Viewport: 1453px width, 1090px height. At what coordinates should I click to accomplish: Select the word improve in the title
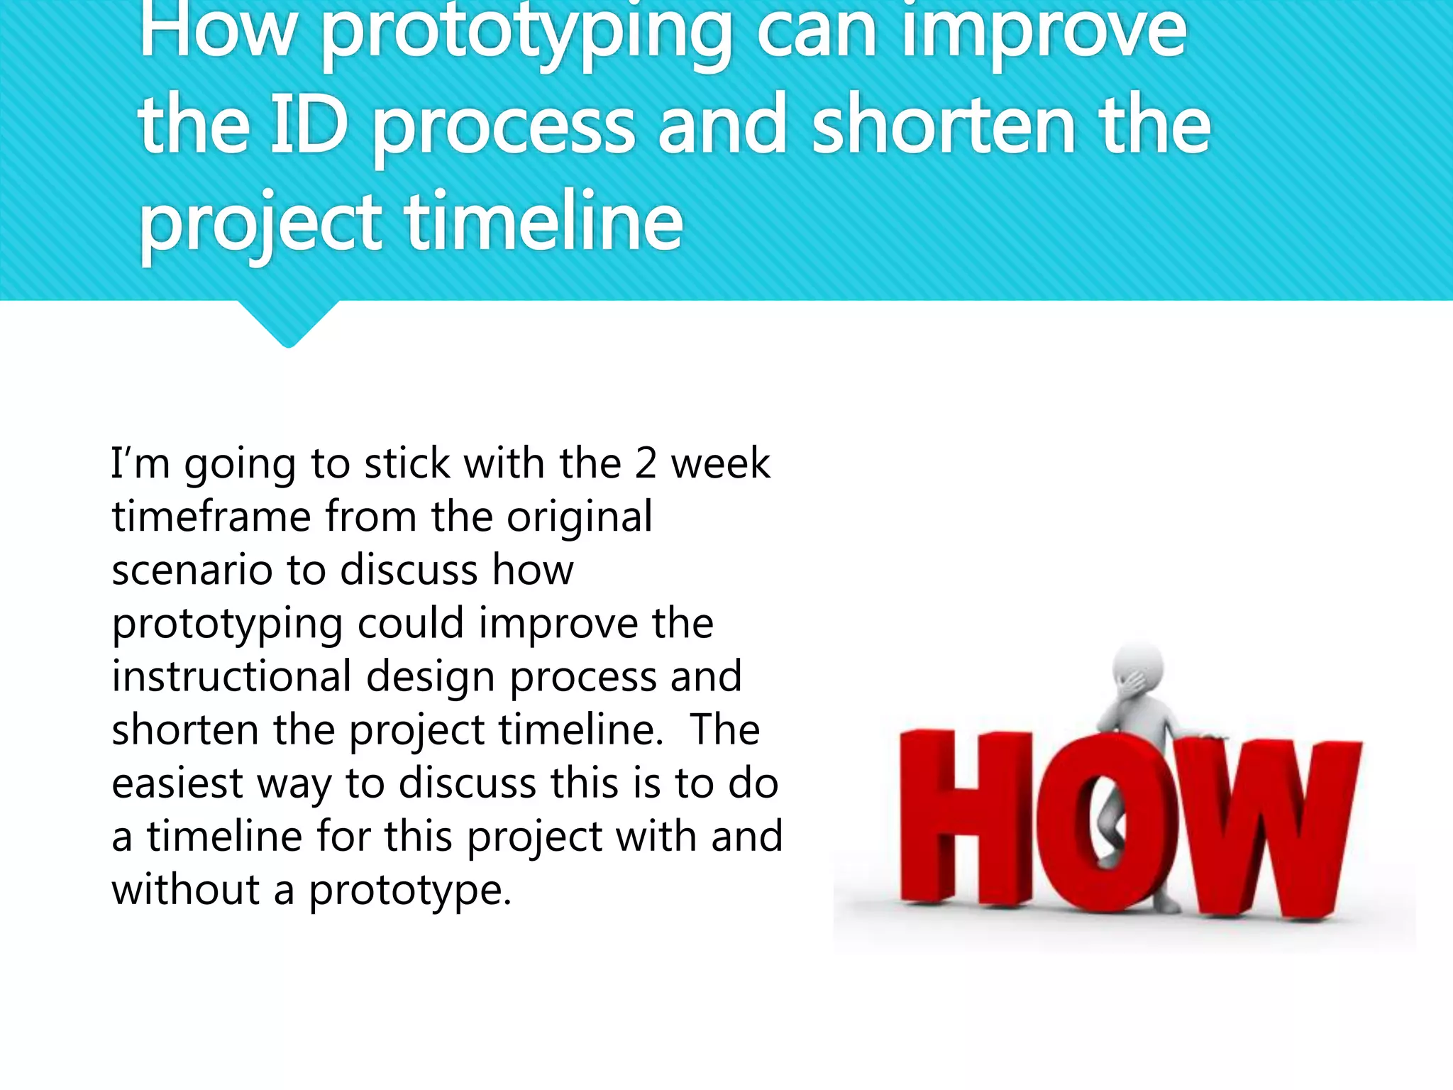coord(1043,32)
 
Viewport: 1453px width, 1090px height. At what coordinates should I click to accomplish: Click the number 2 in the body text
coord(646,463)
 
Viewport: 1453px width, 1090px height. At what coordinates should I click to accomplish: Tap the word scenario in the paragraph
coord(192,571)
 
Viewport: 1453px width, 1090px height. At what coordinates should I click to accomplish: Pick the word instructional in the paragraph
coord(231,676)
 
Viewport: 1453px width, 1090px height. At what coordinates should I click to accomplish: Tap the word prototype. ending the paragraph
coord(409,891)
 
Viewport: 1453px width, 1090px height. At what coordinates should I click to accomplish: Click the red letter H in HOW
coord(965,820)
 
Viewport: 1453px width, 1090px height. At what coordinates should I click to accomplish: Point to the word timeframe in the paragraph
coord(211,517)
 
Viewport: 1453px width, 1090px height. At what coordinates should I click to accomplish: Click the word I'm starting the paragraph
coord(140,463)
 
